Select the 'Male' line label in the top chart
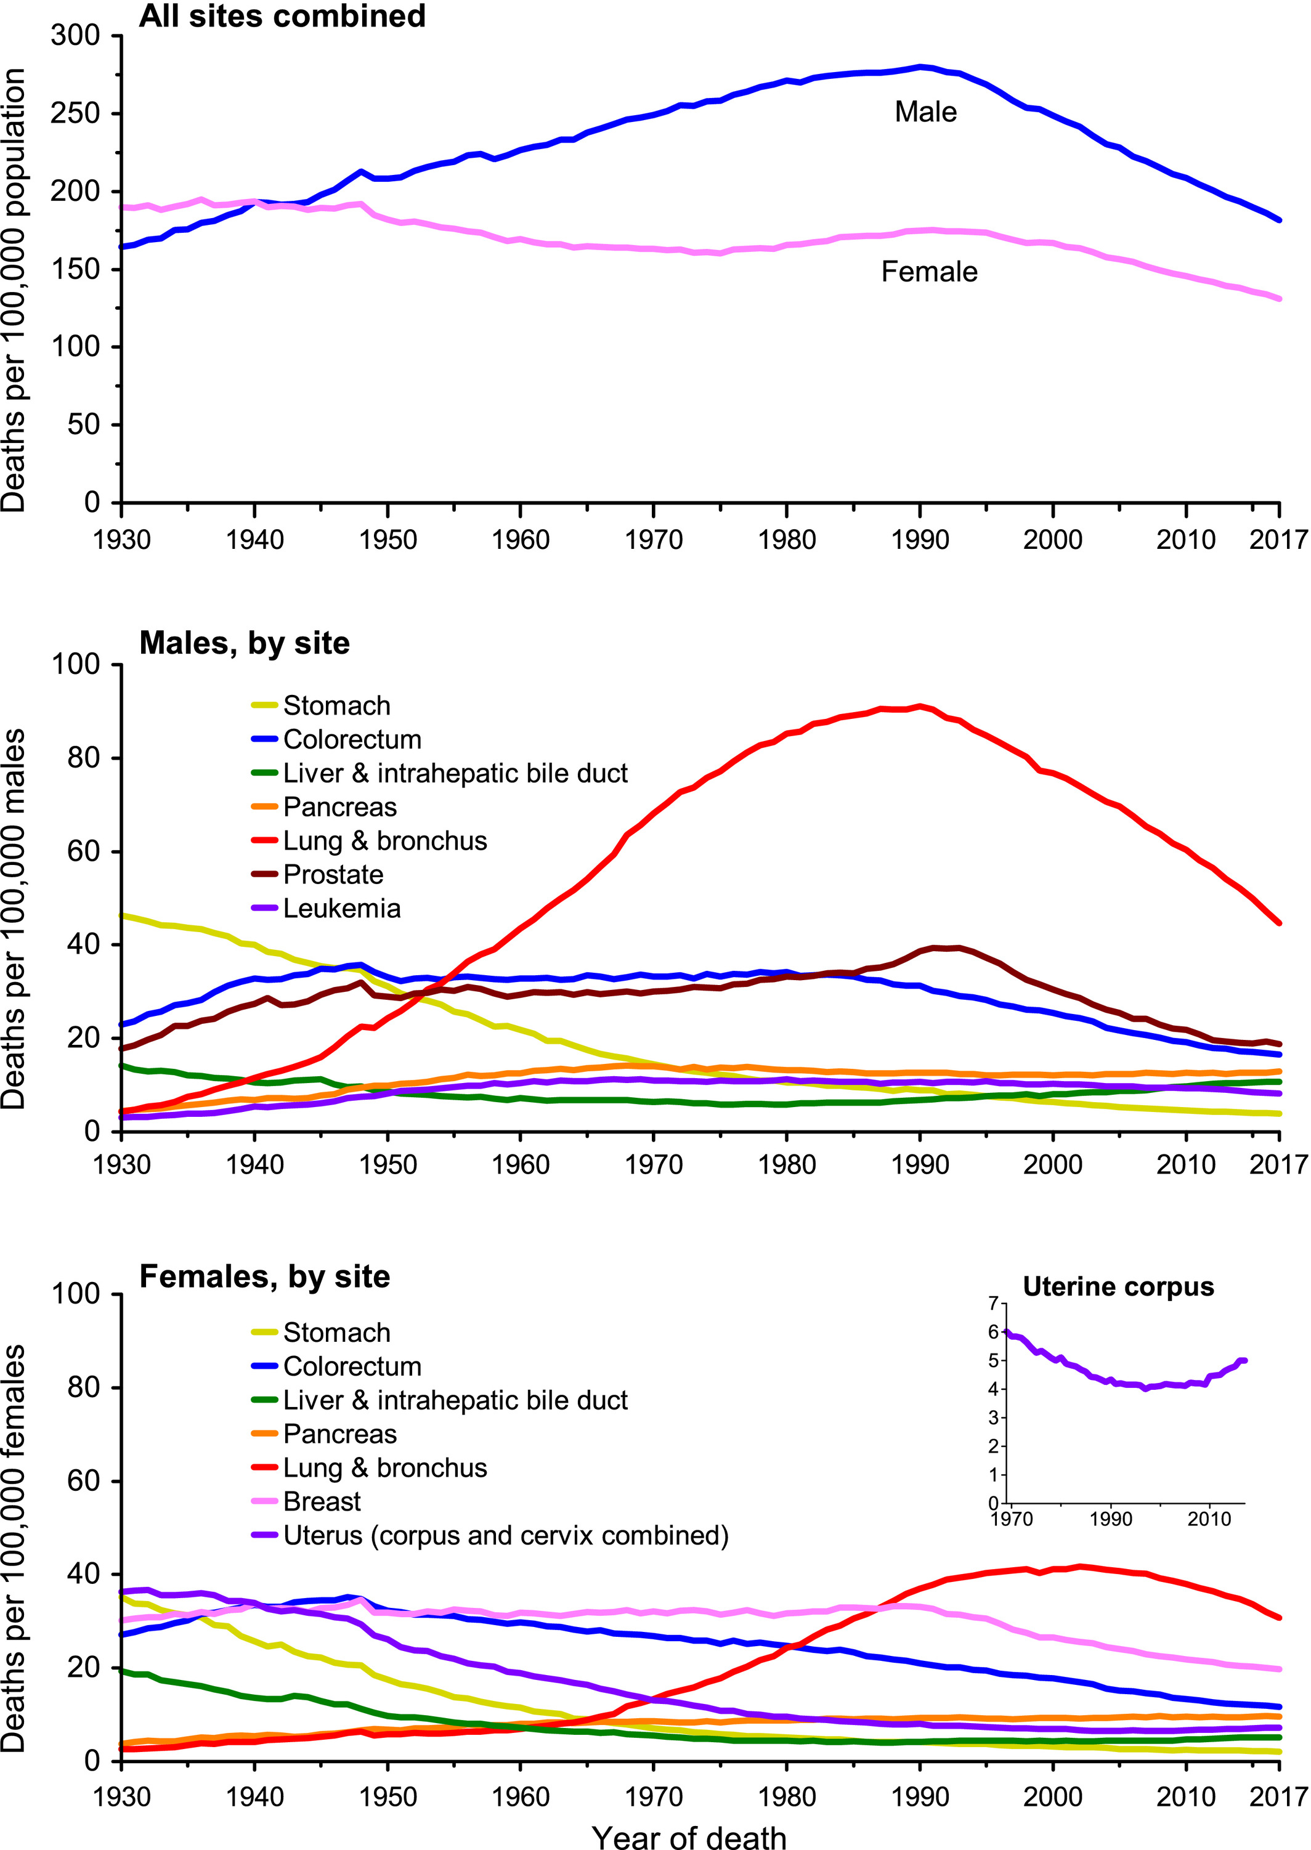point(925,112)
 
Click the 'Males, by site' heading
point(244,643)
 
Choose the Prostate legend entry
point(333,874)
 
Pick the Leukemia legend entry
point(341,908)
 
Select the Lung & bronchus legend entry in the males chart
point(384,840)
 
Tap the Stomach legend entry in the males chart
point(336,705)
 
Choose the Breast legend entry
point(322,1501)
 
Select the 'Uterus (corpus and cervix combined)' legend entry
point(505,1535)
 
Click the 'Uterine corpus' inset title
point(1118,1286)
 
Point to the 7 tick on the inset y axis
point(992,1304)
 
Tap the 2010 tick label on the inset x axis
point(1209,1519)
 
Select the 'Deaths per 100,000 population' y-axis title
point(15,291)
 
